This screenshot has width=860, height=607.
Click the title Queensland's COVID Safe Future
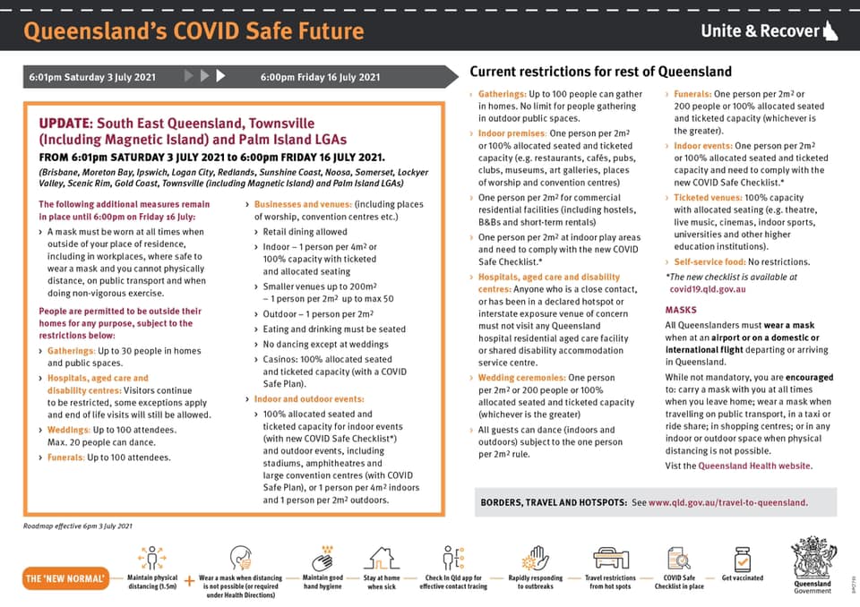tap(193, 31)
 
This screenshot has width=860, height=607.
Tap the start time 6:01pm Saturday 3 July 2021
tap(91, 77)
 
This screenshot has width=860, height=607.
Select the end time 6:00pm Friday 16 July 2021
tap(320, 77)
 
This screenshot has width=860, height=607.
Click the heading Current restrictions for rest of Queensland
tap(600, 72)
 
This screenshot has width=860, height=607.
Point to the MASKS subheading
tap(681, 310)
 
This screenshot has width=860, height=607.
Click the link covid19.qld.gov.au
tap(708, 290)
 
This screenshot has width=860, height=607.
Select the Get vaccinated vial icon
tap(742, 560)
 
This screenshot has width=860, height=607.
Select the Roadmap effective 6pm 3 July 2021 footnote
tap(78, 526)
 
